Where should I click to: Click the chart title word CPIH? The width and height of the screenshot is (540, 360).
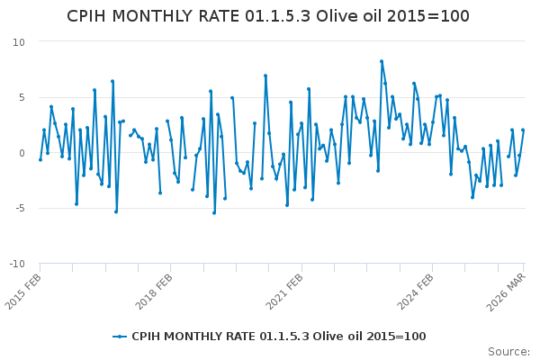93,16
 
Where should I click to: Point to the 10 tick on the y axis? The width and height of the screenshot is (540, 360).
19,42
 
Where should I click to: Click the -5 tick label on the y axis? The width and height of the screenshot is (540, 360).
19,208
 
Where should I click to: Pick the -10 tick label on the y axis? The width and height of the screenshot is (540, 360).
16,264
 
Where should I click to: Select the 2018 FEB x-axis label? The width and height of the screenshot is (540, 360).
156,290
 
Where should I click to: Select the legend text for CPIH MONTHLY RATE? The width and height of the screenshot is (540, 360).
279,337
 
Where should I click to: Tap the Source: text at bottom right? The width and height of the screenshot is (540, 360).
508,352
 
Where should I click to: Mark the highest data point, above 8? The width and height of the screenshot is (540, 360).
382,61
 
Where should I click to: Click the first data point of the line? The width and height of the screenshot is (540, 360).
40,159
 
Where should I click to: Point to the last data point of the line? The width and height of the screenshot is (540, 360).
523,130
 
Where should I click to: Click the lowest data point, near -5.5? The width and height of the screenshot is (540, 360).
214,212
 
